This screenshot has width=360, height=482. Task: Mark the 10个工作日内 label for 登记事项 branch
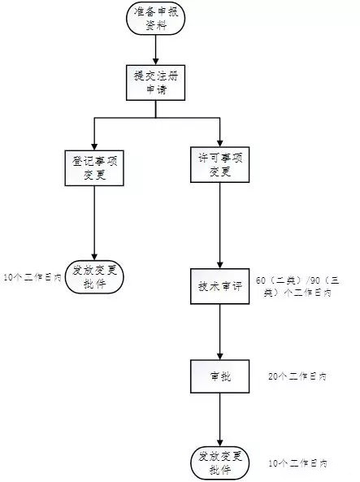coord(33,277)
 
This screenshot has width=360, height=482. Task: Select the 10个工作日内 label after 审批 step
coord(297,462)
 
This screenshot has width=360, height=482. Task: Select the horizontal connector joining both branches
coord(157,119)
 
